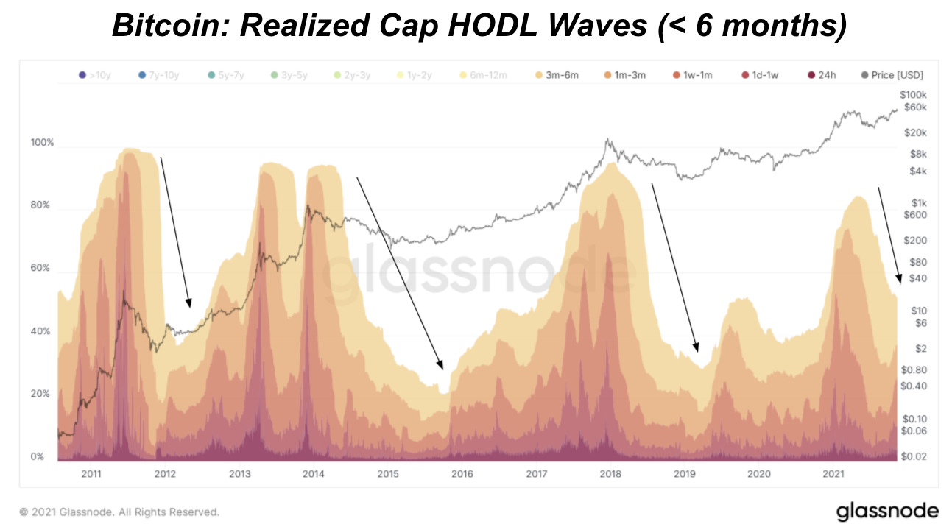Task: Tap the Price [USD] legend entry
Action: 892,75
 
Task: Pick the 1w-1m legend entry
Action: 695,75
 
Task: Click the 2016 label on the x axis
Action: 462,474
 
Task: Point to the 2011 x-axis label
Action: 91,474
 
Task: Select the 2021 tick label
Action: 833,474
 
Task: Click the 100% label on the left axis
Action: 42,142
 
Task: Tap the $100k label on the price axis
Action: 913,95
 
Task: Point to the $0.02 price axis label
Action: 912,456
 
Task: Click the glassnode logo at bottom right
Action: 887,511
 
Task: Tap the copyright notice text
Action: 119,512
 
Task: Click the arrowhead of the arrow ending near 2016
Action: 441,364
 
